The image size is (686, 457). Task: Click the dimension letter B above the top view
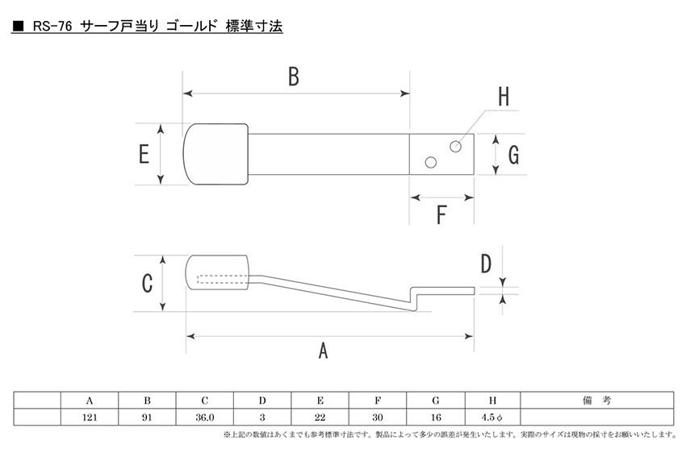click(293, 77)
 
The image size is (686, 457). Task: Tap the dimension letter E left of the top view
click(144, 153)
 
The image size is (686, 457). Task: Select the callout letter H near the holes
click(503, 97)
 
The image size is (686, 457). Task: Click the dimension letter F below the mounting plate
click(441, 215)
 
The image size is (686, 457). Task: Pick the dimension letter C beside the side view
click(147, 284)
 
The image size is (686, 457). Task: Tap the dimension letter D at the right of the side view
click(486, 264)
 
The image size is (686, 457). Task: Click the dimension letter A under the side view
click(324, 351)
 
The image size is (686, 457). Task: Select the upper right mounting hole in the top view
click(455, 146)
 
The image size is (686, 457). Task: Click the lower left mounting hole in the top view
click(431, 164)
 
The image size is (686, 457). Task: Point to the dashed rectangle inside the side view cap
click(221, 280)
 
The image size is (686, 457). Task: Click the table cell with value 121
click(90, 418)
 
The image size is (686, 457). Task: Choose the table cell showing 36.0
click(204, 418)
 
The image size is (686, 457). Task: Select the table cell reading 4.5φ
click(491, 418)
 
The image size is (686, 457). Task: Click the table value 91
click(147, 418)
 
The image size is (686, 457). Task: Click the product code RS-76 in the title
click(53, 27)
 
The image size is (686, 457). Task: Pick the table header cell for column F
click(378, 401)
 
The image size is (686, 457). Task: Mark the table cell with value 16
click(435, 418)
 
